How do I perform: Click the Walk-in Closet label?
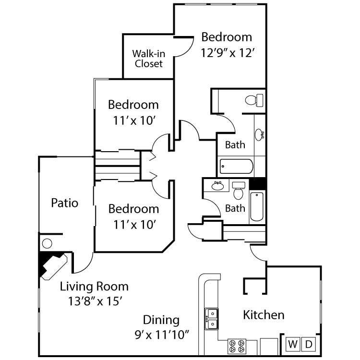[x=148, y=59]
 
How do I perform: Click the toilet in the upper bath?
[x=254, y=100]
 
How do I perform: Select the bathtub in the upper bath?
[x=236, y=167]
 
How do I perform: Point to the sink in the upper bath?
[x=259, y=134]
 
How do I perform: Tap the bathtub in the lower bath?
[x=257, y=206]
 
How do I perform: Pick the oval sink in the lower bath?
[x=218, y=186]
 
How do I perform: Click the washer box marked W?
[x=293, y=344]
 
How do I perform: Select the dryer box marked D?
[x=309, y=344]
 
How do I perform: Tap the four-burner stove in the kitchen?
[x=236, y=346]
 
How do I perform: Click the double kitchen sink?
[x=211, y=319]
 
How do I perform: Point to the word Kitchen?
[x=264, y=315]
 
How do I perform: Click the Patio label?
[x=64, y=203]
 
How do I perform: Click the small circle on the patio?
[x=47, y=243]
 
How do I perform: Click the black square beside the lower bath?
[x=258, y=183]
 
